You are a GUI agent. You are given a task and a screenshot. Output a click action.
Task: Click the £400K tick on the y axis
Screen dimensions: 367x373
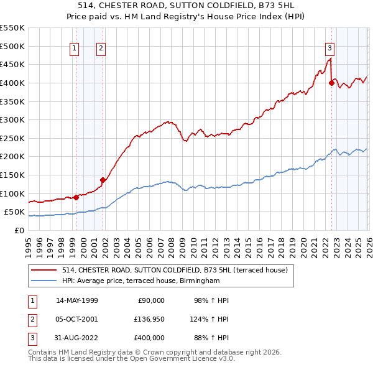click(12, 83)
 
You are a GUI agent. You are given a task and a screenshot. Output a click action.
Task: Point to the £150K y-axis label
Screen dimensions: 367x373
click(12, 175)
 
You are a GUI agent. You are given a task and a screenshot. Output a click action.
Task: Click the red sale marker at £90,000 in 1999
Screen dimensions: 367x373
click(76, 197)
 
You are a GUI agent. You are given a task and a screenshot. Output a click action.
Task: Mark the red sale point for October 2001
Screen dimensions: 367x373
click(103, 180)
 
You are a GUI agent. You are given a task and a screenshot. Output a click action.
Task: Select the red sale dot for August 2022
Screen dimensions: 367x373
click(331, 83)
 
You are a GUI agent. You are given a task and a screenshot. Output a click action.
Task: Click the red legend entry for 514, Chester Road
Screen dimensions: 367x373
click(174, 271)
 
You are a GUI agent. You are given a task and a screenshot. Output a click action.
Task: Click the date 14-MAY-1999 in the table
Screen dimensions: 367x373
click(77, 300)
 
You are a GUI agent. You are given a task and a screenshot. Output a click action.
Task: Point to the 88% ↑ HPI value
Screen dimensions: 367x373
click(211, 338)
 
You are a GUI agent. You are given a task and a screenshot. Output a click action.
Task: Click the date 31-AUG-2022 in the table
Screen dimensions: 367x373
click(77, 338)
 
